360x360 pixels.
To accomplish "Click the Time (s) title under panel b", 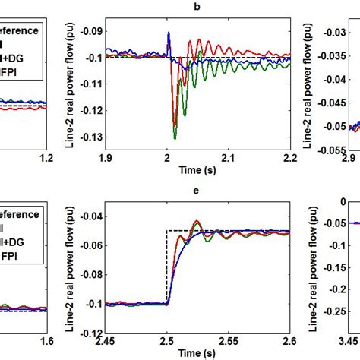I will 197,170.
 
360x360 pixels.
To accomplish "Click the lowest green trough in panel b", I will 175,138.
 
